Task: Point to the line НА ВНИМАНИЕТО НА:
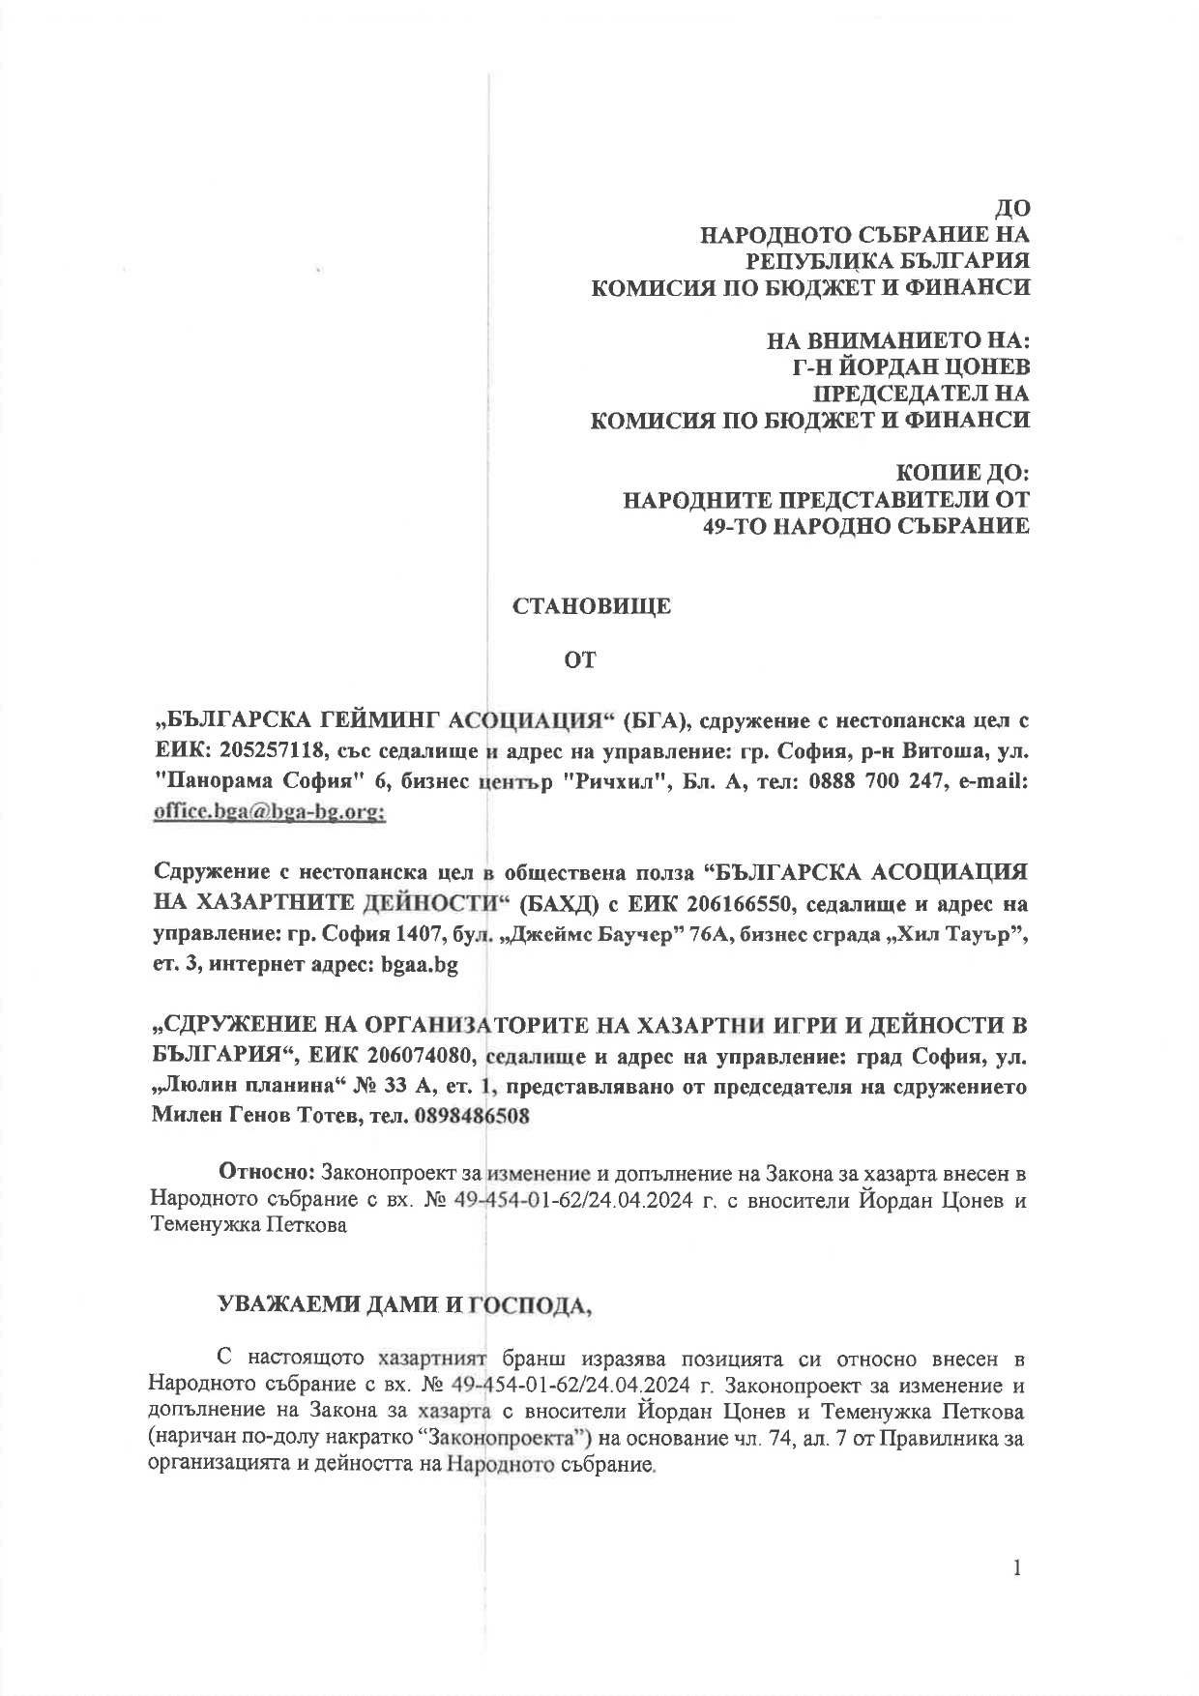click(x=898, y=341)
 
